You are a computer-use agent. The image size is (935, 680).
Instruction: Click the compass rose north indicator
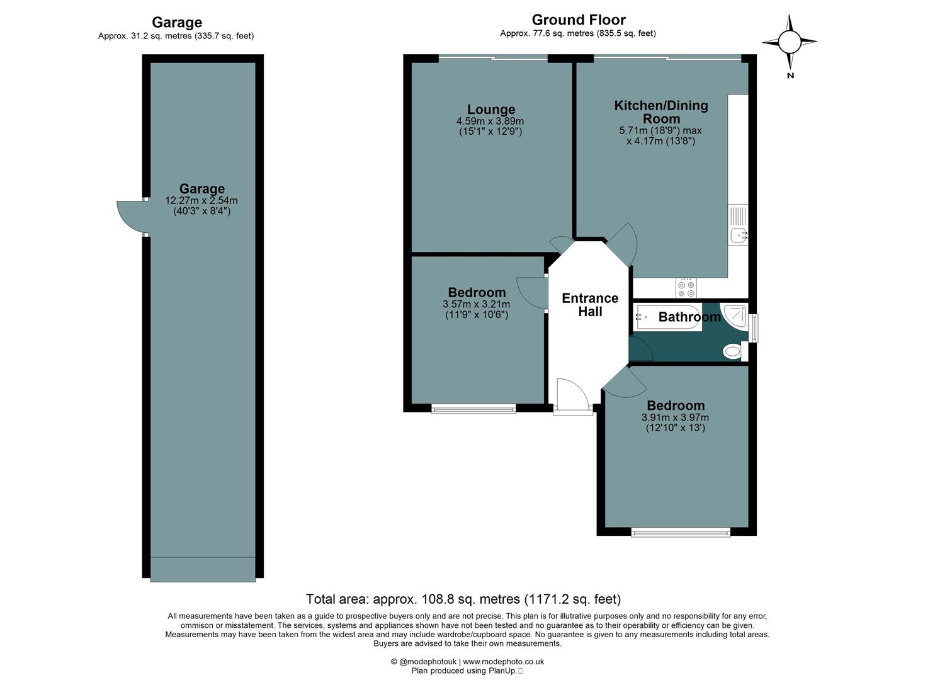click(x=789, y=43)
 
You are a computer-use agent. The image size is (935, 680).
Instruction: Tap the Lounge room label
click(x=490, y=110)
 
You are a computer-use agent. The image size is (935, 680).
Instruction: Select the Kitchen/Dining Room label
click(x=660, y=112)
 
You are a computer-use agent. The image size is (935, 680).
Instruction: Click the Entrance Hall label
click(x=589, y=305)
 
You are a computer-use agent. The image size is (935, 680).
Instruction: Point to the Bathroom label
click(x=689, y=317)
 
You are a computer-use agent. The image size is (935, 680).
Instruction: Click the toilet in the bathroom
click(x=733, y=351)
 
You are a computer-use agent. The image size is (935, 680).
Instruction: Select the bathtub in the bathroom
click(x=667, y=317)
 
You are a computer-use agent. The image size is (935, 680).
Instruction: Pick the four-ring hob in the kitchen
click(x=686, y=288)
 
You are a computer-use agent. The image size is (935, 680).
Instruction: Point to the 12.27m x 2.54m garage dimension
click(x=201, y=201)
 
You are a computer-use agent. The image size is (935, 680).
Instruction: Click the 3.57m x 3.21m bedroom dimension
click(x=476, y=304)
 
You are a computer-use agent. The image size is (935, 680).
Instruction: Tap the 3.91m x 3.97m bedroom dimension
click(x=675, y=417)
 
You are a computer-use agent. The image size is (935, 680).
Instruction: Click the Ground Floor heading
click(x=578, y=20)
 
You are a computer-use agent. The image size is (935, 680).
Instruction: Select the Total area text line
click(x=463, y=599)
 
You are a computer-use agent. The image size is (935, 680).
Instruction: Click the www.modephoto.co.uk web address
click(x=503, y=662)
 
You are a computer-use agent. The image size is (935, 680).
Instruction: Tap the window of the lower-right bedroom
click(x=681, y=533)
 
